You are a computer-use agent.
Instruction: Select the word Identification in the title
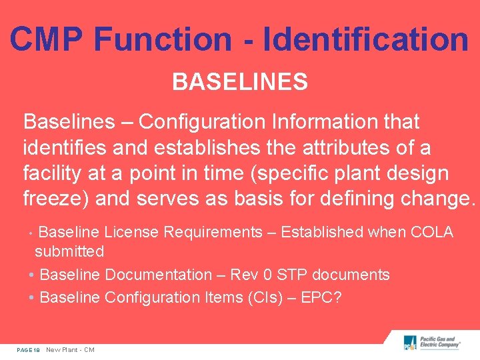366,39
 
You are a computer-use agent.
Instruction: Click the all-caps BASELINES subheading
240,83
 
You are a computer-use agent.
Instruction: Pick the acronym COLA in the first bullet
432,232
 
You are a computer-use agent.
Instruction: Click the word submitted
69,251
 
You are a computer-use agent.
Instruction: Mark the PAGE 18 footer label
29,350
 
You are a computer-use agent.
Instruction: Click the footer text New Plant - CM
70,350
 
